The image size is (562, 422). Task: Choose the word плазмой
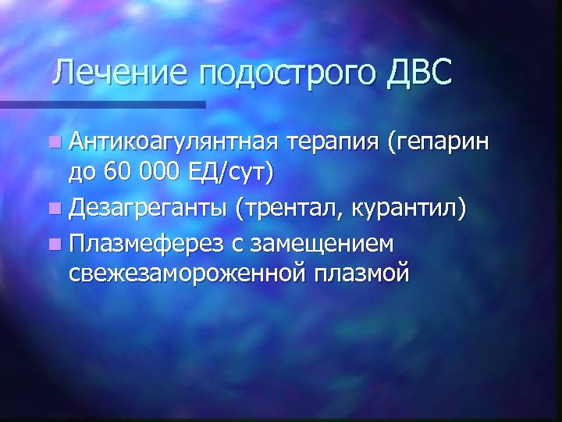[360, 274]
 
